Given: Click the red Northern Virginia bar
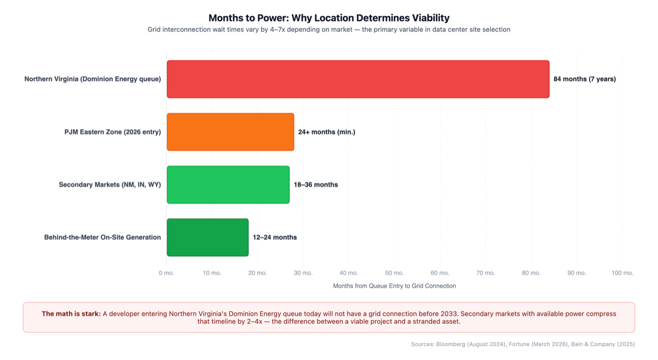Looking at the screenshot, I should pyautogui.click(x=358, y=79).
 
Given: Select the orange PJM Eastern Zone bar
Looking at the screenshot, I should pyautogui.click(x=230, y=132).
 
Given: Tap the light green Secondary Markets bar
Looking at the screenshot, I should pyautogui.click(x=228, y=185).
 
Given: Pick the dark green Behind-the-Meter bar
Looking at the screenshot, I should pyautogui.click(x=207, y=237).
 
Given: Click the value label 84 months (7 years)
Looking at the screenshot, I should pyautogui.click(x=585, y=79).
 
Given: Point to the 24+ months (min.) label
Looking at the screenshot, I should pyautogui.click(x=327, y=132).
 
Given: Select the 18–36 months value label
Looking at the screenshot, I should pyautogui.click(x=316, y=185).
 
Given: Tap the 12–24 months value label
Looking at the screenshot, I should pyautogui.click(x=275, y=237).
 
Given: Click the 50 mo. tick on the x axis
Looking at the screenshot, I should pyautogui.click(x=394, y=273).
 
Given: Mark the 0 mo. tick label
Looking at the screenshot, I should pyautogui.click(x=167, y=273).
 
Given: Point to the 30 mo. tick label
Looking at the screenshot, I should pyautogui.click(x=303, y=273).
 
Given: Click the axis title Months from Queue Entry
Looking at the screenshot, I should pyautogui.click(x=394, y=286).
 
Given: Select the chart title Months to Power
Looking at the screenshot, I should pyautogui.click(x=329, y=18).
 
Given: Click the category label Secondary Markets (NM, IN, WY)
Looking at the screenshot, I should pyautogui.click(x=110, y=185).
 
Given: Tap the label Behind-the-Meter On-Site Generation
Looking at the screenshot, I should pyautogui.click(x=103, y=237).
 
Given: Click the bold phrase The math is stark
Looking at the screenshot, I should pyautogui.click(x=71, y=314).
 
